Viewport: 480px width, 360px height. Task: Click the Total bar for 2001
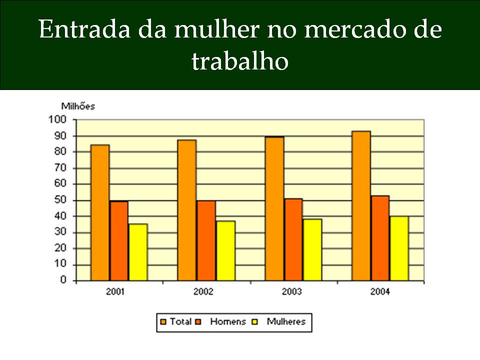[x=100, y=212]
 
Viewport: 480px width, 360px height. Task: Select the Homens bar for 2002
[x=206, y=240]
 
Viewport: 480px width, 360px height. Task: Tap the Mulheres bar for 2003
[x=312, y=249]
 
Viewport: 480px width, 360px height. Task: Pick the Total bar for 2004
[x=361, y=205]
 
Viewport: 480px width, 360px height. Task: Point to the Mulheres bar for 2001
[x=138, y=252]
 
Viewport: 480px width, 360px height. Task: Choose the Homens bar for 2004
[x=380, y=238]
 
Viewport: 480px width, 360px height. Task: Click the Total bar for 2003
[x=274, y=208]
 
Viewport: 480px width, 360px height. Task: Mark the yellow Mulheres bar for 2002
[x=225, y=250]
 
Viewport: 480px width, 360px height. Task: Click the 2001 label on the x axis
[x=115, y=291]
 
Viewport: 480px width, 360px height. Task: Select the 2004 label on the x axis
[x=380, y=291]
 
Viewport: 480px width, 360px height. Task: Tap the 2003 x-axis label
[x=291, y=291]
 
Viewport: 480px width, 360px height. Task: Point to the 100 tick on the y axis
[x=57, y=119]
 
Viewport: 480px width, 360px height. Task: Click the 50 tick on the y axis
[x=60, y=200]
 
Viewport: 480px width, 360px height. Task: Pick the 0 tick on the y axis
[x=63, y=280]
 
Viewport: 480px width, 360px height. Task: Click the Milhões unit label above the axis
[x=78, y=106]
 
